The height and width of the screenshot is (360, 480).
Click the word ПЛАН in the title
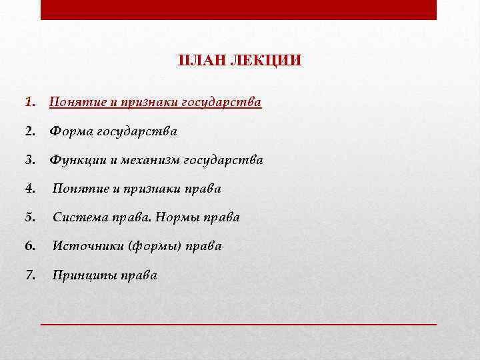pos(201,61)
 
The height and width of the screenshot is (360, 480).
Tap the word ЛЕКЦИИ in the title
pos(265,61)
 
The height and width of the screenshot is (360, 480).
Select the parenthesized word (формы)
pos(153,246)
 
